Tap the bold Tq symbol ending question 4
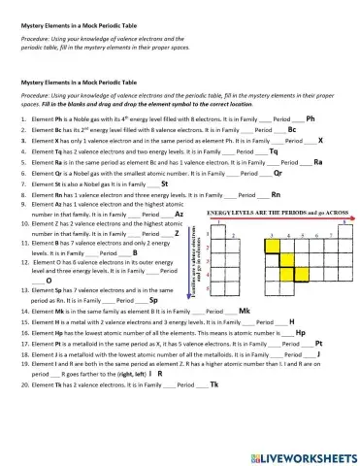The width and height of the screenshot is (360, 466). [x=273, y=151]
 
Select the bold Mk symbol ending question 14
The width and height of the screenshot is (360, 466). [x=245, y=311]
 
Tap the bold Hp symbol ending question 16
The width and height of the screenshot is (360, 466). [x=301, y=333]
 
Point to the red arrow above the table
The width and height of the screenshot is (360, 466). [x=280, y=219]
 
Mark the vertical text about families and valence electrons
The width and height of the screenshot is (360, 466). [x=198, y=249]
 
